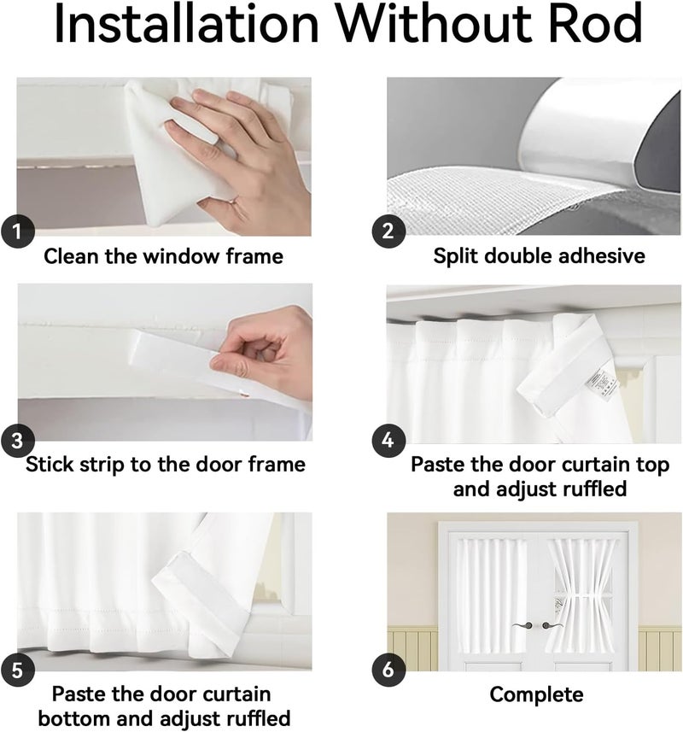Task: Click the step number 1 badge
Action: (18, 231)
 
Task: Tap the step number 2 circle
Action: (388, 231)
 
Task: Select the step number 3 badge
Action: (18, 440)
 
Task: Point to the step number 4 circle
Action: (388, 440)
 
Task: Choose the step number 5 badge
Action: (18, 671)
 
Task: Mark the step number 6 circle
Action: (388, 671)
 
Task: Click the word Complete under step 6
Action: (536, 695)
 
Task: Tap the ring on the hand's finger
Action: (233, 202)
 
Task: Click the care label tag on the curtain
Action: (602, 385)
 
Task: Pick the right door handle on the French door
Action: (552, 625)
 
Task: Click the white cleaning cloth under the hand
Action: (182, 154)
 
